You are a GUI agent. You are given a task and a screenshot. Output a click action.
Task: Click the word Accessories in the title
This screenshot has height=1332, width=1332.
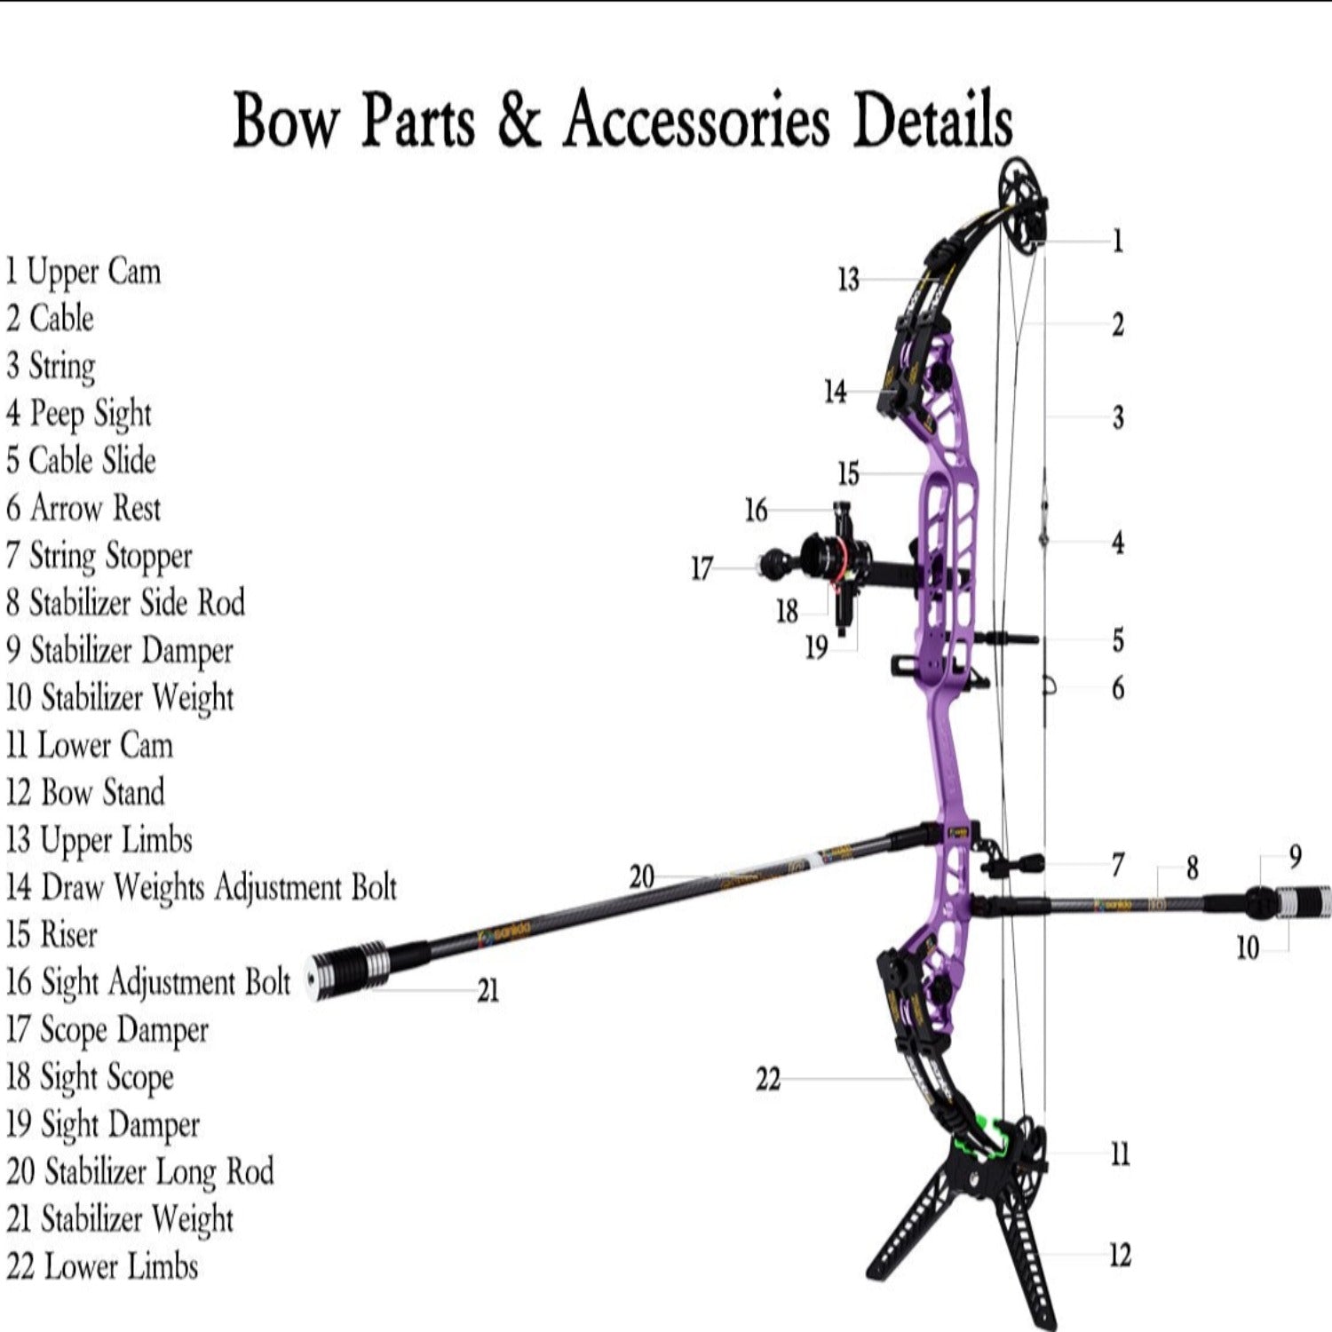point(697,121)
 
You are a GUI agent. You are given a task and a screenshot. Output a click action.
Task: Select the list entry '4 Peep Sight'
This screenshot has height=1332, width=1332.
point(79,414)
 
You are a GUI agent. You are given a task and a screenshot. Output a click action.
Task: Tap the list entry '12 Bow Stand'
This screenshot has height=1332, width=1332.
point(85,792)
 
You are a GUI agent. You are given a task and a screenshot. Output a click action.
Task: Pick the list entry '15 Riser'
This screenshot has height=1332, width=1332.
point(52,934)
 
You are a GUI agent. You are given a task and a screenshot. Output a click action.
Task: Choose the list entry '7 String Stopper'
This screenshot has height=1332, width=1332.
point(99,557)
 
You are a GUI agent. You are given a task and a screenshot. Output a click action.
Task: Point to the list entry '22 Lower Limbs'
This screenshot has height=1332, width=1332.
point(102,1266)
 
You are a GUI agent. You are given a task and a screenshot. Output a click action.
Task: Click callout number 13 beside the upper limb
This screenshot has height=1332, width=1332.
point(848,280)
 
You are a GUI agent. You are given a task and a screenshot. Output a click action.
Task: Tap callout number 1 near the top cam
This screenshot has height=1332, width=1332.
point(1117,241)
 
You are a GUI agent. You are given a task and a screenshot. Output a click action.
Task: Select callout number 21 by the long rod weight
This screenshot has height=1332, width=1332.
point(488,990)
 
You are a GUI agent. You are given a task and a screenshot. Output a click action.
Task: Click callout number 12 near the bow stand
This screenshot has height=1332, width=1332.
point(1120,1255)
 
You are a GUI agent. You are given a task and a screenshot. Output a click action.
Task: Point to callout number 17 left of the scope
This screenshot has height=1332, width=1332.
point(702,568)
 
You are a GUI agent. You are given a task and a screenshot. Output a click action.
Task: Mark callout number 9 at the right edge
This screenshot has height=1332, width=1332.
point(1295,856)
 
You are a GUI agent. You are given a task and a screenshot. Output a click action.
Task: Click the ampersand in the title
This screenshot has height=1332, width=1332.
point(519,121)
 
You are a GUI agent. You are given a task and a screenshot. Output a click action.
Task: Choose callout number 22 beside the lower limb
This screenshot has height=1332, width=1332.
point(767,1080)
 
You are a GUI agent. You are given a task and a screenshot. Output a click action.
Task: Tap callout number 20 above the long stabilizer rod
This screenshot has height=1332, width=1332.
point(641,877)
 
